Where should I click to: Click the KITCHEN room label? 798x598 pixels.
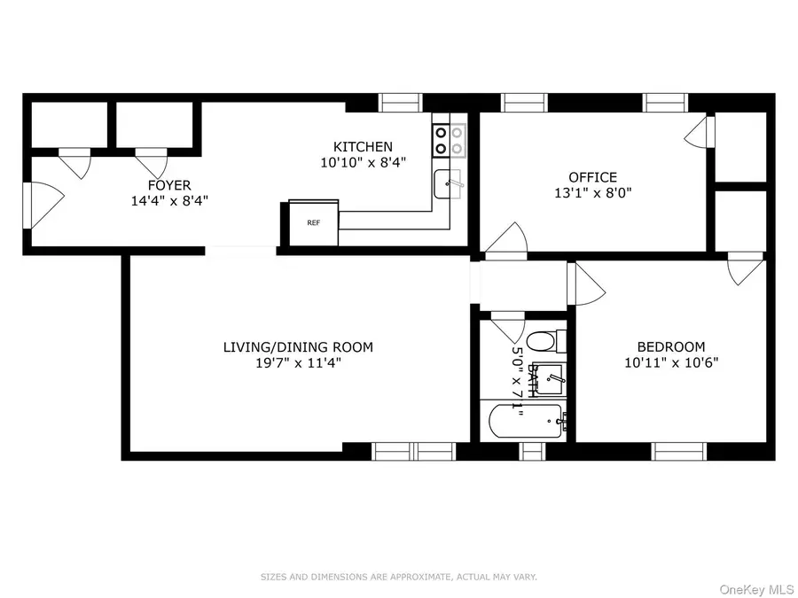(x=363, y=147)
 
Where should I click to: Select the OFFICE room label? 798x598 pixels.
(x=593, y=177)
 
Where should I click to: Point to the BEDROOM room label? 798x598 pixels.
(x=671, y=346)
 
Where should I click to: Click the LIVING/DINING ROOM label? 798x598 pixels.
(x=298, y=347)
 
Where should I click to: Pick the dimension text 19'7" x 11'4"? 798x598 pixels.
(x=298, y=361)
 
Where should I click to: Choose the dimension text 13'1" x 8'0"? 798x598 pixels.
(x=593, y=191)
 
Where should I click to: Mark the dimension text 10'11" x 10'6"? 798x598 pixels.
(x=671, y=361)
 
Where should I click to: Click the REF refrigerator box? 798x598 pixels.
(x=313, y=223)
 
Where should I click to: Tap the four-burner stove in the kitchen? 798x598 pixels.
(x=449, y=139)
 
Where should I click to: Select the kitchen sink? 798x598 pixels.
(x=448, y=184)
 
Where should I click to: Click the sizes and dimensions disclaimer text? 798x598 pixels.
(x=398, y=577)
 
